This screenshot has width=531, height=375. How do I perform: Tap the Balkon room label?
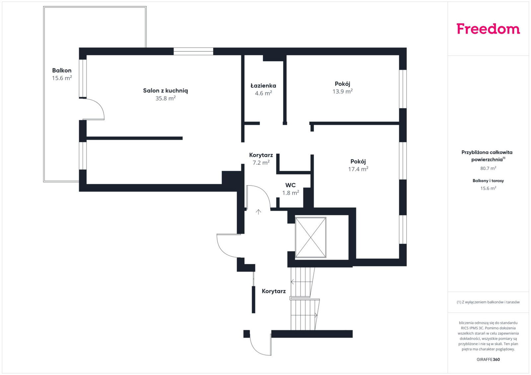(x=62, y=71)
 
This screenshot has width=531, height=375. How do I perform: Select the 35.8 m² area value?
(x=166, y=98)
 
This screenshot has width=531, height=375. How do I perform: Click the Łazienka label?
(x=263, y=85)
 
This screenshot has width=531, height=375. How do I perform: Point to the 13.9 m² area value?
(x=342, y=91)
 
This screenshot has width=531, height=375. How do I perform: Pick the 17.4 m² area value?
(x=358, y=169)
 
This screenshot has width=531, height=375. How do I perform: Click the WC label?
(x=290, y=185)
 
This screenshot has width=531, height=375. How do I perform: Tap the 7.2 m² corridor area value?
(x=261, y=163)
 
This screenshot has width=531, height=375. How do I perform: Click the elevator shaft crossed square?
(x=311, y=237)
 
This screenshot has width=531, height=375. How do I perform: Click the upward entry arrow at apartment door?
(x=259, y=212)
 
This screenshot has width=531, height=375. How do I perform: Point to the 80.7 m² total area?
(x=488, y=168)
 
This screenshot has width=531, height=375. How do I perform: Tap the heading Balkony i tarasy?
(x=488, y=181)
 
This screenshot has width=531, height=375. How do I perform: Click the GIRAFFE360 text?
(x=488, y=359)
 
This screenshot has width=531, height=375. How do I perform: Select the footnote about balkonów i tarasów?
(x=488, y=302)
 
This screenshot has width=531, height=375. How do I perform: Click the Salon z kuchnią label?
(x=166, y=91)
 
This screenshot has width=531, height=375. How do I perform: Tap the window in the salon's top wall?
(x=193, y=51)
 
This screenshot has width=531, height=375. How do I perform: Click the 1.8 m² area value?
(x=290, y=193)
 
